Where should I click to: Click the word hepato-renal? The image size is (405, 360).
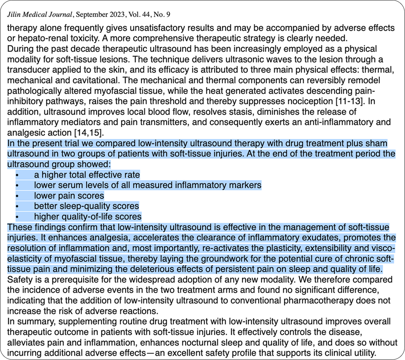point(33,38)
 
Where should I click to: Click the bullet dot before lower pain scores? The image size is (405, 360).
point(17,196)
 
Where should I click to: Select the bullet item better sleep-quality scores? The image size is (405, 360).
point(87,206)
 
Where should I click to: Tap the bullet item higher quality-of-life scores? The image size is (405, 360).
point(88,217)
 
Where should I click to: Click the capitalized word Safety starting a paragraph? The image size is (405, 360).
point(20,279)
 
